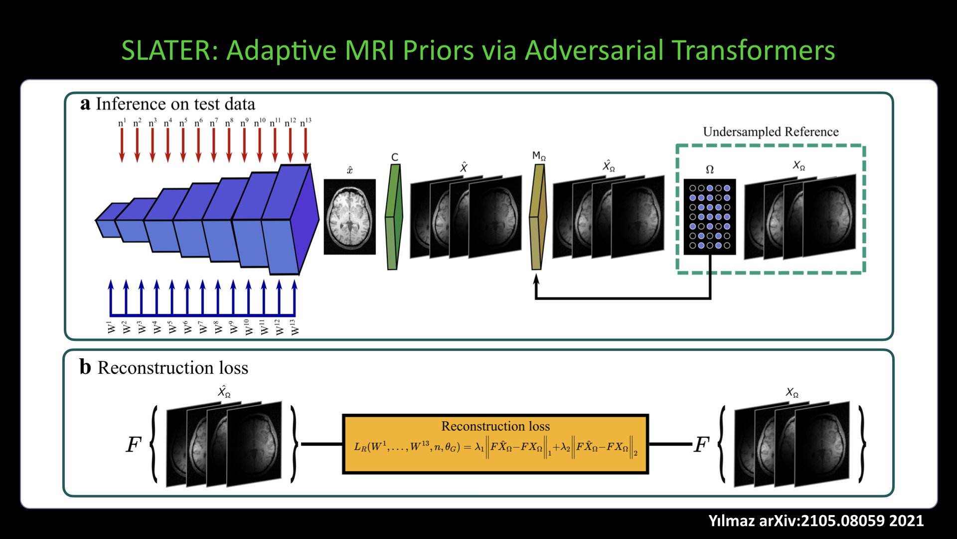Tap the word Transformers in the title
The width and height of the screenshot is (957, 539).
(753, 50)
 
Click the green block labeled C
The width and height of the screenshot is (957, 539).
(394, 217)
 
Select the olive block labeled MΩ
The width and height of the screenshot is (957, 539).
(538, 217)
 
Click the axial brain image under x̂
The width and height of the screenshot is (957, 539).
(349, 217)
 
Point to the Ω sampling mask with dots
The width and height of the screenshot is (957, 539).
(709, 217)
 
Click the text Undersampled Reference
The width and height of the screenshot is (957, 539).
(771, 132)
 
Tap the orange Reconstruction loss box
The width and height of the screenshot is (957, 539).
(495, 444)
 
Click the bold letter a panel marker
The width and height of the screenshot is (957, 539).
(85, 103)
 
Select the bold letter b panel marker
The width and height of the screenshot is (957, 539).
(85, 367)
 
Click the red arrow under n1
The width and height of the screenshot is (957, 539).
(122, 145)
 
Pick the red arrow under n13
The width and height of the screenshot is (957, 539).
(306, 145)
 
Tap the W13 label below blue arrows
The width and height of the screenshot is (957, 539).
(294, 327)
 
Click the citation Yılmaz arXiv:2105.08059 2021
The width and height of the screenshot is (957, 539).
(816, 521)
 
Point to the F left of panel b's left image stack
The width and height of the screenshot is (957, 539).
(134, 444)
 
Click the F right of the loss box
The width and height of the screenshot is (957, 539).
(701, 444)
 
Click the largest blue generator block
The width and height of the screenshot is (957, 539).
(292, 220)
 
